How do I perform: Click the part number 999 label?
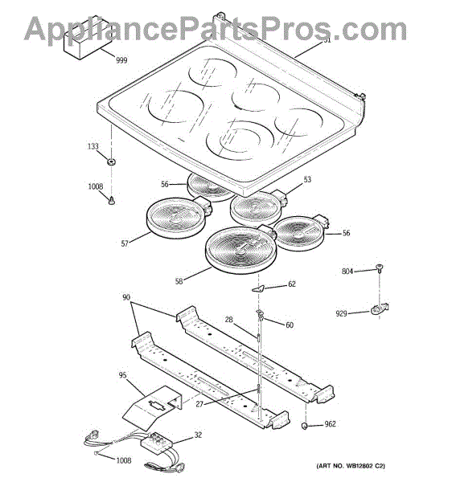coord(121,60)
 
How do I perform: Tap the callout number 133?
coord(93,146)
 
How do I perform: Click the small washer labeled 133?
coord(111,161)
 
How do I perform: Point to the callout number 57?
coord(125,243)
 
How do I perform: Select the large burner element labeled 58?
coord(241,250)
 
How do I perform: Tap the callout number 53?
coord(307,179)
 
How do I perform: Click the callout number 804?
coord(347,272)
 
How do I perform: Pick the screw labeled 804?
coord(379,268)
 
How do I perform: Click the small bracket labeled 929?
coord(380,309)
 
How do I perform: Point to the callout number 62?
coord(292,284)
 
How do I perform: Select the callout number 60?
coord(290,325)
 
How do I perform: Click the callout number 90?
coord(126,297)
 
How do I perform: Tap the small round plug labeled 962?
coord(305,426)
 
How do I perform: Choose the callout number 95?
coord(122,375)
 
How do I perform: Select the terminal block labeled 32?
coord(157,443)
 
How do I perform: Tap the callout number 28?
coord(228,320)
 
